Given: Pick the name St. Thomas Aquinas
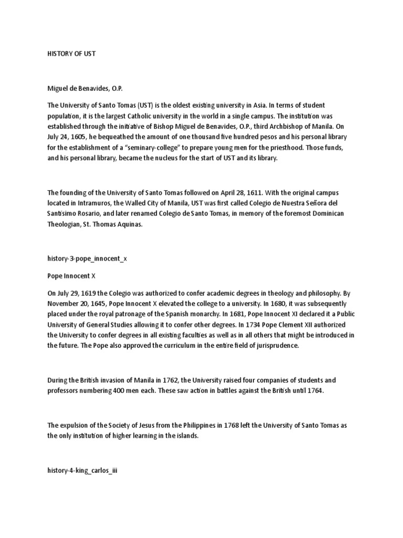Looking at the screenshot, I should point(114,224).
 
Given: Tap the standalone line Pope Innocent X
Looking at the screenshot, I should point(71,275).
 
